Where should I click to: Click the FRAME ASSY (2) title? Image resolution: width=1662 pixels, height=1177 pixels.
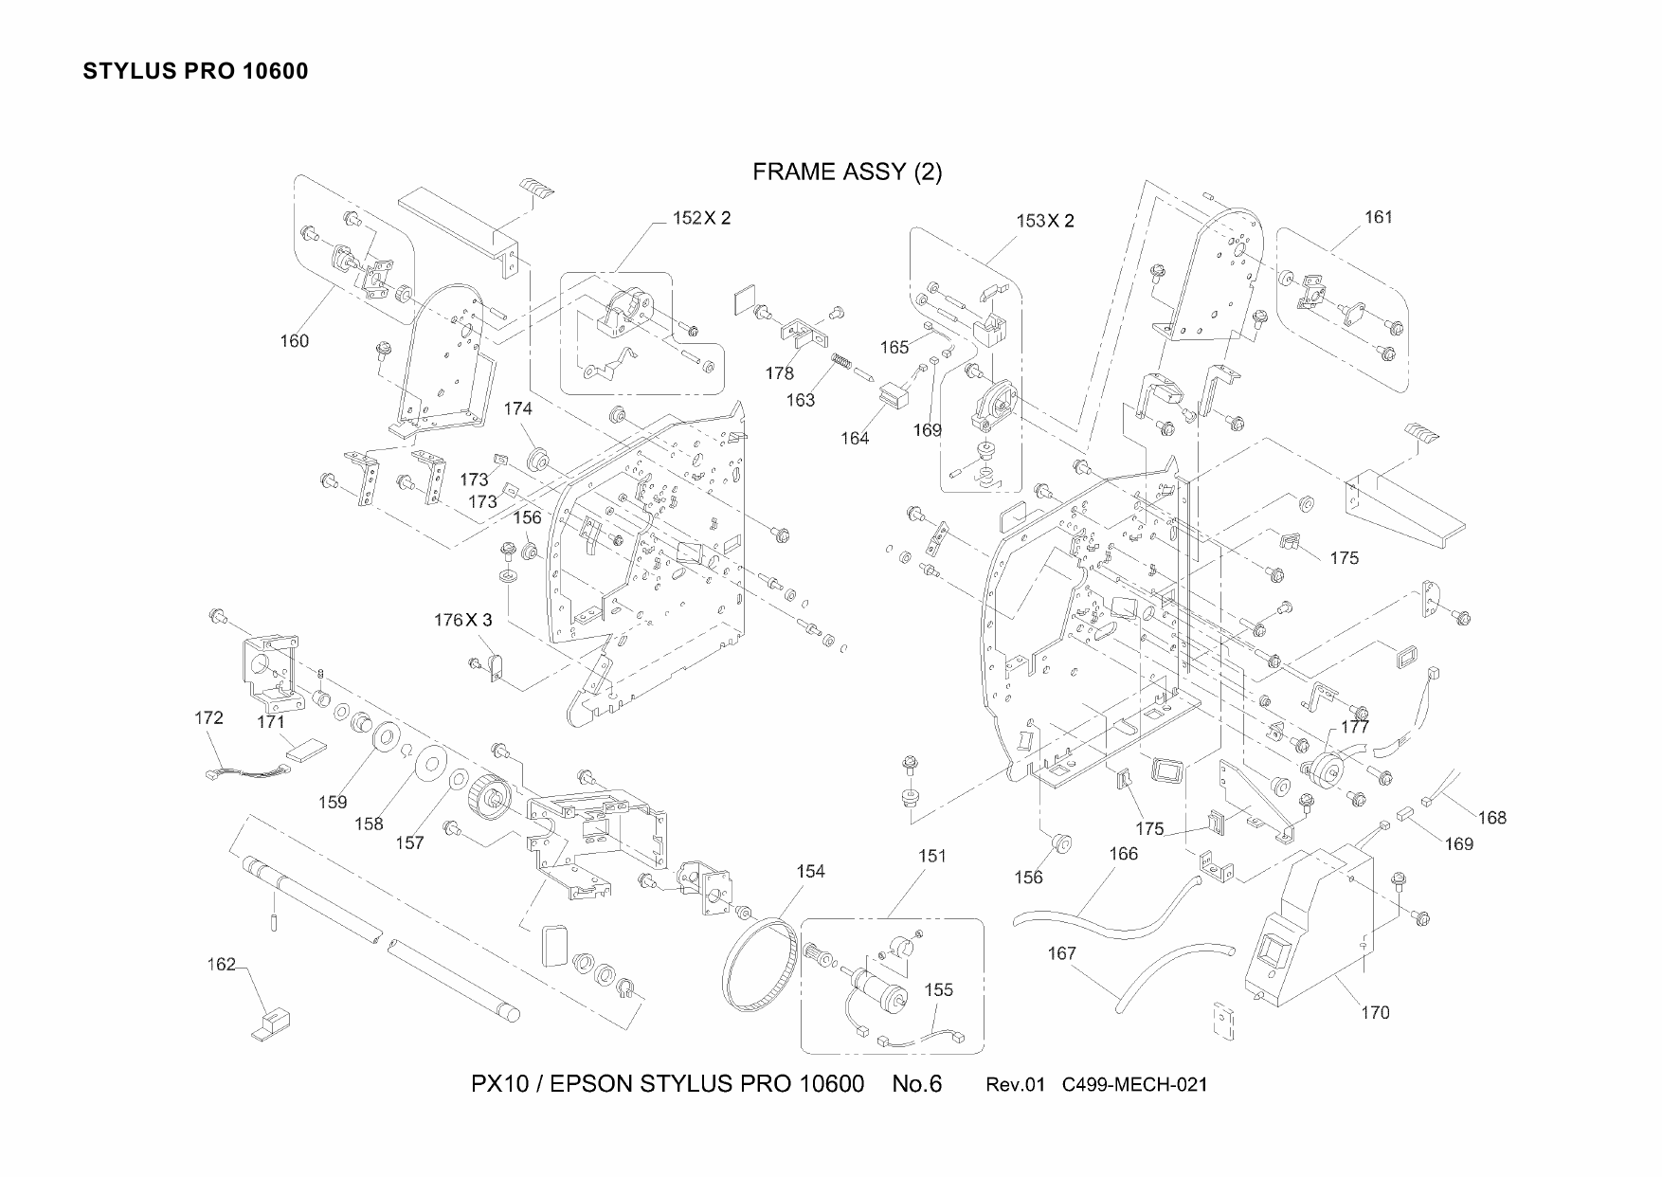(847, 172)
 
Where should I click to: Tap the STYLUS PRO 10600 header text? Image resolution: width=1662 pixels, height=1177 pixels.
(195, 72)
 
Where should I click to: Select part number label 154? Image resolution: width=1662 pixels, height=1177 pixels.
(810, 872)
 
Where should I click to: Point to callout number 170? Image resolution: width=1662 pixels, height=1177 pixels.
(1375, 1013)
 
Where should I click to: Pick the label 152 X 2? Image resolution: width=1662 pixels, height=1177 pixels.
(701, 218)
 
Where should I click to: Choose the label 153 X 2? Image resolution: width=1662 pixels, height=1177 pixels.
(1045, 221)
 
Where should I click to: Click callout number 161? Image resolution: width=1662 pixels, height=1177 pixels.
(1379, 217)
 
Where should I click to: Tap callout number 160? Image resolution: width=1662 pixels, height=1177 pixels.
(294, 341)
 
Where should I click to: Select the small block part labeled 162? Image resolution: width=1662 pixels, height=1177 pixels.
(271, 1025)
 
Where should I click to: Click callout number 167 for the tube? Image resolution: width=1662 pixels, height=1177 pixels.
(1062, 953)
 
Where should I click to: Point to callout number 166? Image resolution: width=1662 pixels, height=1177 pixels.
(1123, 854)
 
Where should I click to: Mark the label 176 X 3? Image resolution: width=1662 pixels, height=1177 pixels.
(463, 621)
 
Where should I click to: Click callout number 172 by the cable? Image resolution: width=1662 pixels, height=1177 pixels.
(208, 717)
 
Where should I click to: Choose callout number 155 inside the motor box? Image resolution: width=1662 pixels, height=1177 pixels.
(938, 990)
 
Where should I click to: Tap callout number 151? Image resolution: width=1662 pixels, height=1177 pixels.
(932, 856)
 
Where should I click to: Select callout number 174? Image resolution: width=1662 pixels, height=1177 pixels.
(517, 409)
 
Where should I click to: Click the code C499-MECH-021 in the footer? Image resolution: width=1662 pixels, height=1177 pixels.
(1135, 1085)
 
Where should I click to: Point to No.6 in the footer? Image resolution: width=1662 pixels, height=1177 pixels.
(917, 1084)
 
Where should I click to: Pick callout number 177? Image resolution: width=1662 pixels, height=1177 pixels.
(1355, 728)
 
